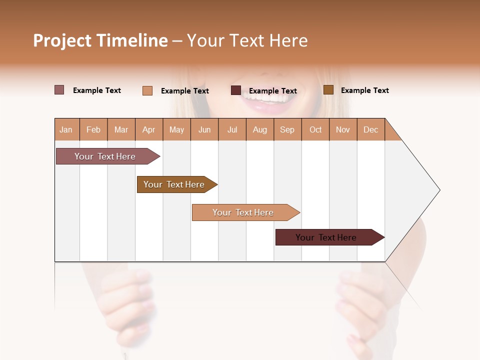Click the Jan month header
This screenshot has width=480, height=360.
coord(66,129)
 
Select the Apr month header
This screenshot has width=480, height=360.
coord(148,129)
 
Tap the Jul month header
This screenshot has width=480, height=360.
coord(232,129)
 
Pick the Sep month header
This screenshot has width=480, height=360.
coord(287,129)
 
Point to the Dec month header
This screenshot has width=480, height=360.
coord(370,129)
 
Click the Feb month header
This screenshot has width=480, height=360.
coord(93,129)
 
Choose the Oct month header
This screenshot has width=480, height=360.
coord(315,129)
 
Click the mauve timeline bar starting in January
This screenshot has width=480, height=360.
coord(105,156)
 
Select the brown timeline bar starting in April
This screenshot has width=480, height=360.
coord(174,184)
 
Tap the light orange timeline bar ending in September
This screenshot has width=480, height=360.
coord(243,212)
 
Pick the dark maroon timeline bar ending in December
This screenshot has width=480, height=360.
coord(326,237)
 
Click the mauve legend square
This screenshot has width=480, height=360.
coord(59,90)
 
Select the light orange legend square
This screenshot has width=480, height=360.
coord(147,90)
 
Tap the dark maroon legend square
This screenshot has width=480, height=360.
coord(236,90)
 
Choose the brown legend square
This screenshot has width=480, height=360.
coord(328,90)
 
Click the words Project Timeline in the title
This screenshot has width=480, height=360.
coord(100,40)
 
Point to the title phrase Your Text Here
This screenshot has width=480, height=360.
coord(247,40)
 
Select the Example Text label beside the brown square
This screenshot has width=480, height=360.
coord(364,90)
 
